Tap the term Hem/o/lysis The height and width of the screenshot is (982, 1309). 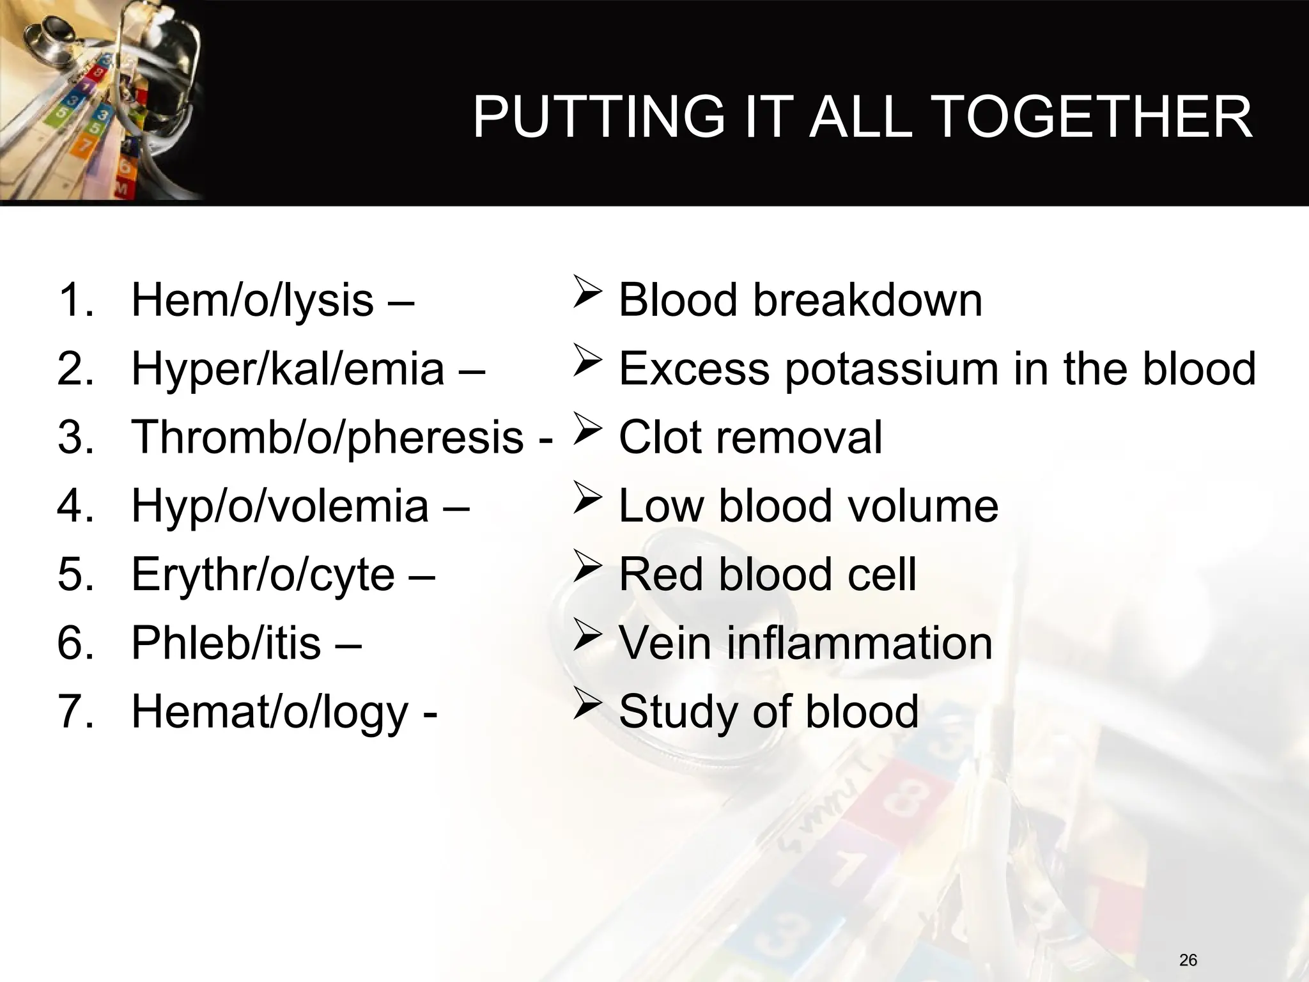pos(252,300)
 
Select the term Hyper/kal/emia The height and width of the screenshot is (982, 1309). pos(288,369)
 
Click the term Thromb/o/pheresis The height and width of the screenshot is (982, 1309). pos(327,437)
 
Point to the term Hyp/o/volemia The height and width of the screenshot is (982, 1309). pos(280,506)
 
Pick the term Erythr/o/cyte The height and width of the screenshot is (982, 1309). pos(263,574)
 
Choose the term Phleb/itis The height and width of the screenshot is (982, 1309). pos(226,643)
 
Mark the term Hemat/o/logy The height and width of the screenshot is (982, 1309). pos(269,712)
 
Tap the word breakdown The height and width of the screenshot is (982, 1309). pos(867,300)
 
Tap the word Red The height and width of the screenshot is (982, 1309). pos(661,574)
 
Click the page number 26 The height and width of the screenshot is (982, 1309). pos(1188,960)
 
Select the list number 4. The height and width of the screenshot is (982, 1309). pos(71,506)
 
